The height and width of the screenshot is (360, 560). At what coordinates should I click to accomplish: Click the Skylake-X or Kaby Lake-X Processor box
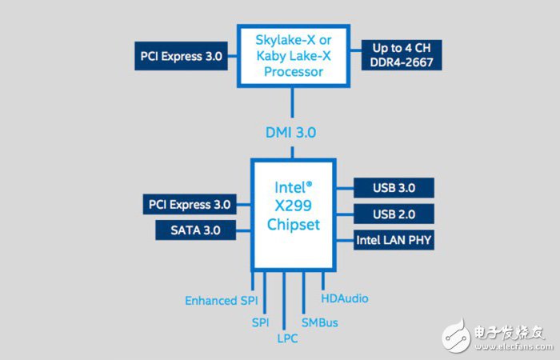(x=292, y=54)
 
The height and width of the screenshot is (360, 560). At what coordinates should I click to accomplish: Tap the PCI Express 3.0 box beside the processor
(x=180, y=56)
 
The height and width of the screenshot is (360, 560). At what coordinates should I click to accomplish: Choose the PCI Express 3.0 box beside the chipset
(x=190, y=204)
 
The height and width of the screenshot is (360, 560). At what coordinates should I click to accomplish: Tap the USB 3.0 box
(x=394, y=189)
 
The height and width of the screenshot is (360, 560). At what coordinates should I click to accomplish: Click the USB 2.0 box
(x=394, y=214)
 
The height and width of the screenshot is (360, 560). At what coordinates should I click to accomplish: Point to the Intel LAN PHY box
(x=394, y=239)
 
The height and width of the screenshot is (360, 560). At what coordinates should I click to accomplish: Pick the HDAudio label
(x=345, y=298)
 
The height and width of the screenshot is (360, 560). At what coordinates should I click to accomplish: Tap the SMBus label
(x=320, y=322)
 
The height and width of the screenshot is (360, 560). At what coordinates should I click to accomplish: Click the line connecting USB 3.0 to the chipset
(x=344, y=189)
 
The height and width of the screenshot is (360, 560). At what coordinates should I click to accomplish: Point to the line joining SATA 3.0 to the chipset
(x=243, y=230)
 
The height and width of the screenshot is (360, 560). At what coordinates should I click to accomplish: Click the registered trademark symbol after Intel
(x=309, y=184)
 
